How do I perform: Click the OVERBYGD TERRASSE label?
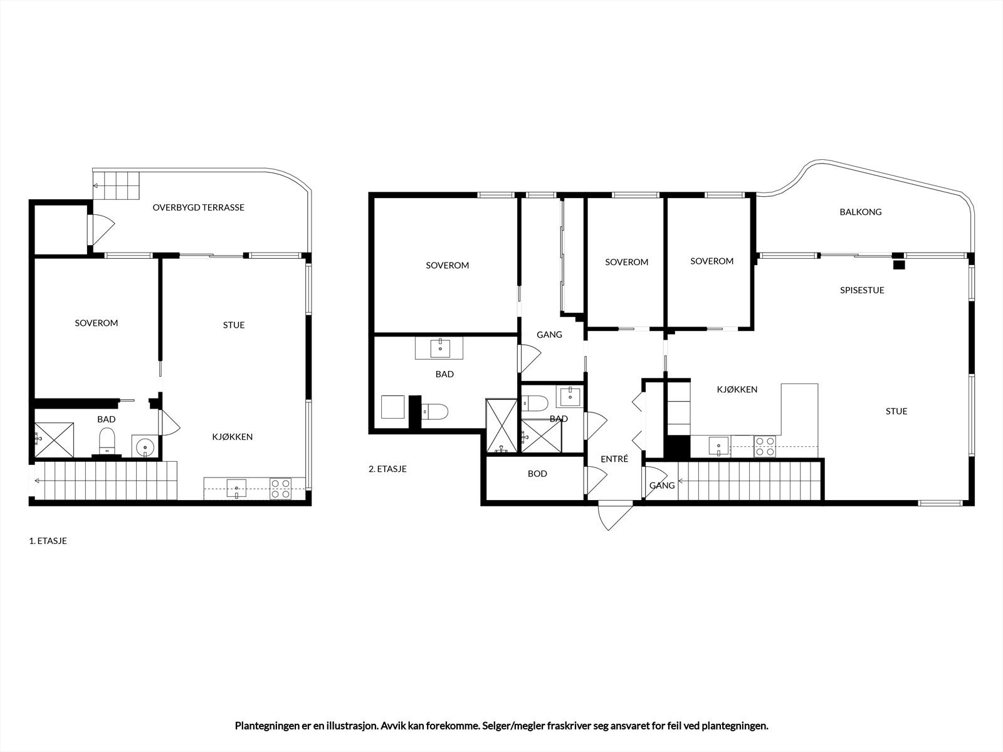coord(198,207)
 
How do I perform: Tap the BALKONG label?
coord(860,212)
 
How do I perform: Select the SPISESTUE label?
coord(862,290)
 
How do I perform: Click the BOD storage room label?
coord(537,474)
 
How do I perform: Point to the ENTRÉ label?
coord(614,459)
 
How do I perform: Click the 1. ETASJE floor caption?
coord(48,541)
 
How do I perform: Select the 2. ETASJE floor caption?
coord(387,469)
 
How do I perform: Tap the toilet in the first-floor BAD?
coord(107,441)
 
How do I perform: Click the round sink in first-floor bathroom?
coord(145,447)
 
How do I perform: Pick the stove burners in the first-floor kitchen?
coord(280,488)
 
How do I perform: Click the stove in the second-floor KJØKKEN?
coord(764,446)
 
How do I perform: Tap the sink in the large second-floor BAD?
coord(439,348)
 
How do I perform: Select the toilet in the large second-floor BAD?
coord(435,412)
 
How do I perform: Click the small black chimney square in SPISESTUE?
coord(899,264)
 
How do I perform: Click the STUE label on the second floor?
coord(896,412)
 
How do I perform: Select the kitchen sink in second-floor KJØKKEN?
coord(718,446)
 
